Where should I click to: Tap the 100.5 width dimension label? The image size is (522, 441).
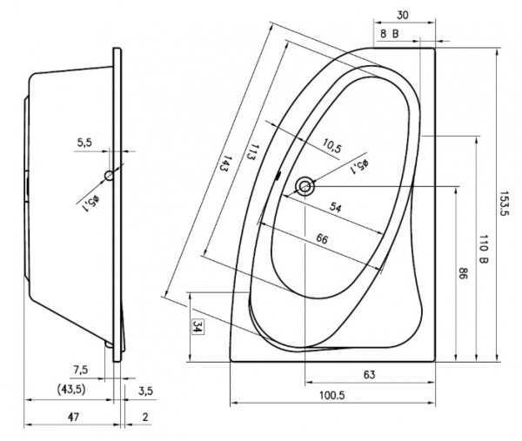click(x=332, y=396)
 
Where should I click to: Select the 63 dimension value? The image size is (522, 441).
click(x=369, y=375)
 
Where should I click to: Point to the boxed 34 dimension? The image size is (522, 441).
click(x=197, y=327)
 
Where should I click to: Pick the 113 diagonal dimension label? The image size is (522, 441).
click(x=254, y=152)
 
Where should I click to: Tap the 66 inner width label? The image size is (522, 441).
click(x=322, y=238)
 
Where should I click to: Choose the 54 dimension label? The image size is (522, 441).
click(x=336, y=208)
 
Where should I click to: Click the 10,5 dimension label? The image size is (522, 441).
click(x=332, y=146)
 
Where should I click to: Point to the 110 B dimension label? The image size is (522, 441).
click(x=483, y=249)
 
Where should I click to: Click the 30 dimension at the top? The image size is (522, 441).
click(x=403, y=16)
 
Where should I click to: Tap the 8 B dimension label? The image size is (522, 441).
click(x=389, y=34)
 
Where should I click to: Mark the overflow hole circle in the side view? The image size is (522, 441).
click(x=109, y=175)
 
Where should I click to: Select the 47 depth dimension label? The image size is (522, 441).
click(x=73, y=417)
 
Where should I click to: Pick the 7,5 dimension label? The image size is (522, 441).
click(x=81, y=370)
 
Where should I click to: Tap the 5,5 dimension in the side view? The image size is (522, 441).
click(x=84, y=143)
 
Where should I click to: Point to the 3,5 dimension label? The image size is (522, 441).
click(x=145, y=391)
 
